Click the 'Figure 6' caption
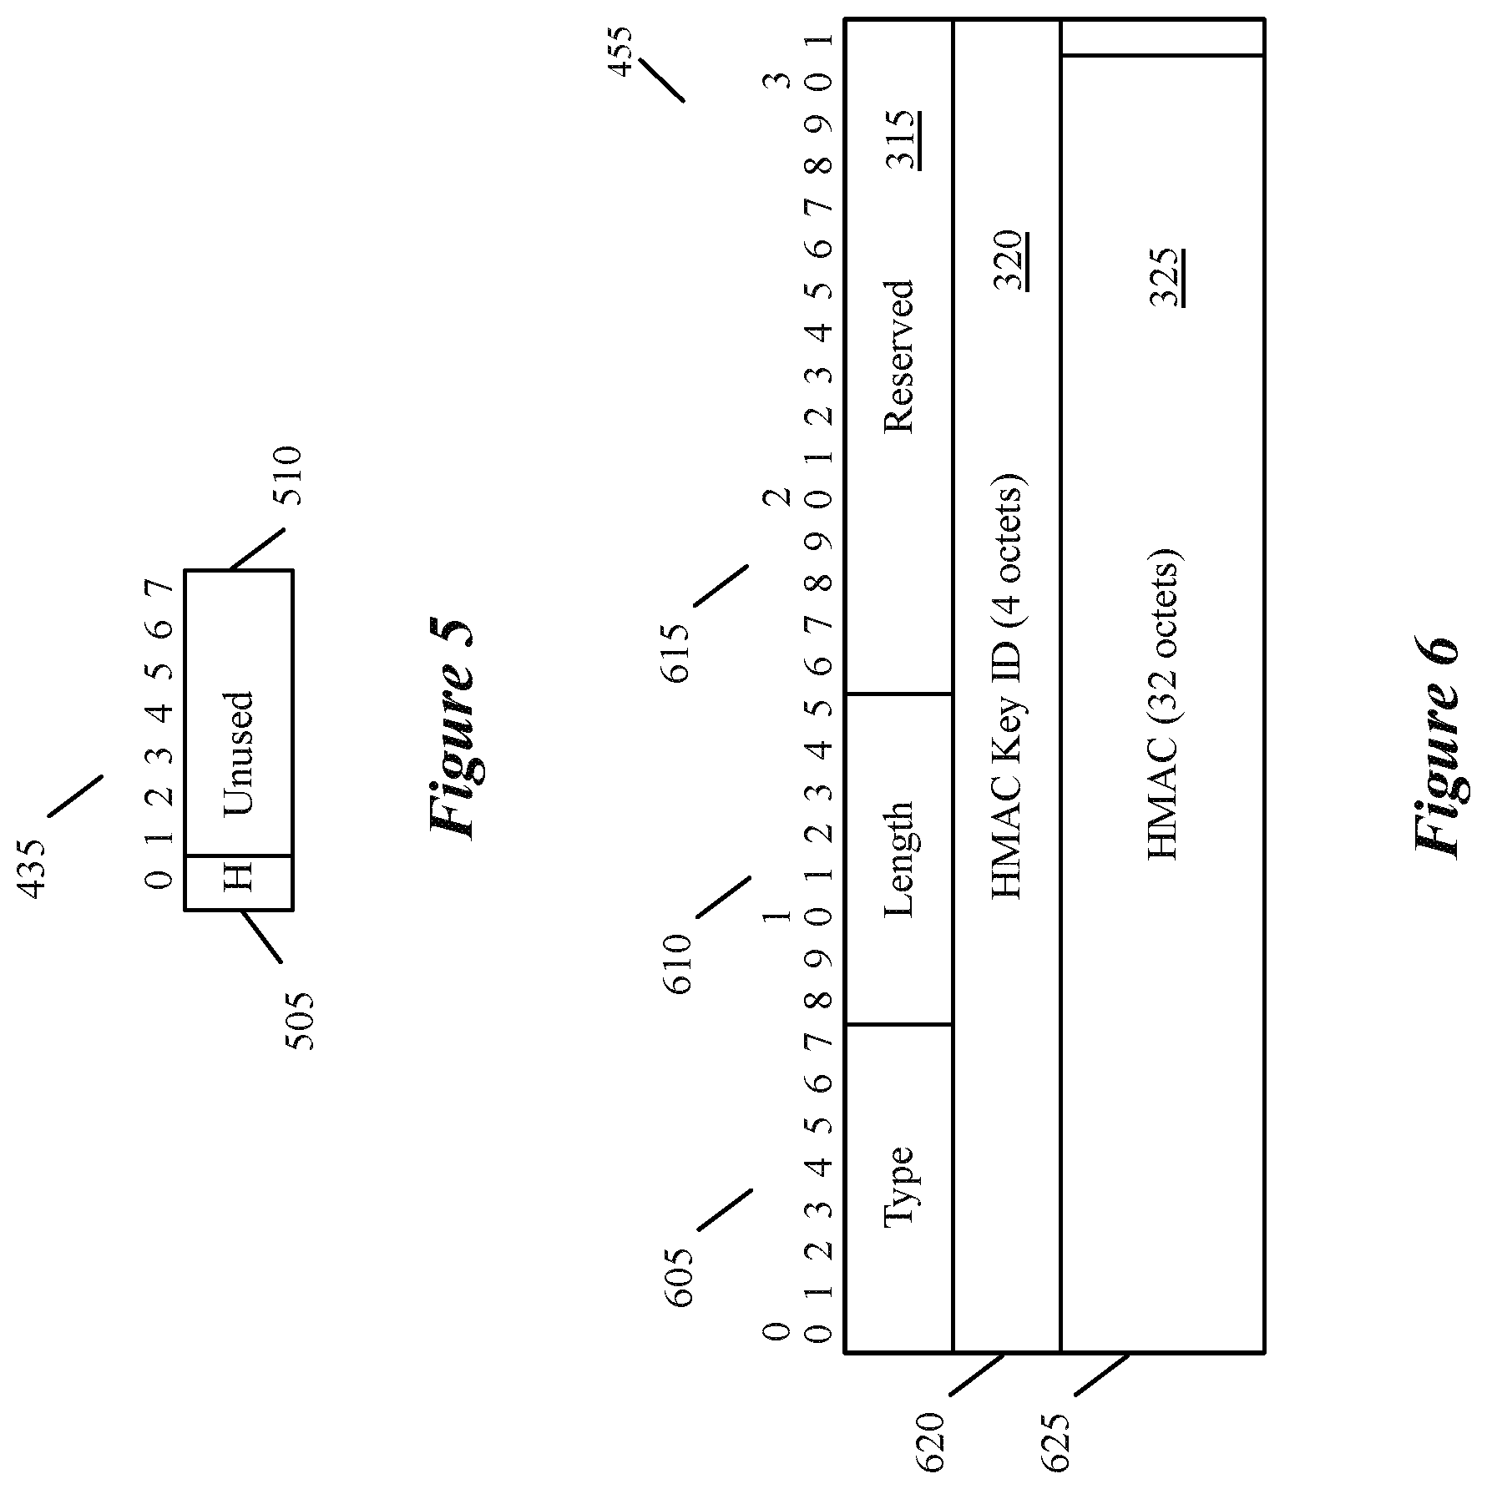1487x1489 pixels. (x=1437, y=748)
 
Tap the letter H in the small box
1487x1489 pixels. (x=238, y=881)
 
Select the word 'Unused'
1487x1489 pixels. (x=238, y=752)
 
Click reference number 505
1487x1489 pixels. (x=298, y=1020)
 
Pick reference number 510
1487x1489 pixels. (x=289, y=476)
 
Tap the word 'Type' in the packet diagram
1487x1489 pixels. (x=899, y=1186)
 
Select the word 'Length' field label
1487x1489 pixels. (x=899, y=860)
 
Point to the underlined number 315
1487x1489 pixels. (x=903, y=139)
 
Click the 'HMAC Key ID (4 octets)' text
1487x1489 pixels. (x=1008, y=686)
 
